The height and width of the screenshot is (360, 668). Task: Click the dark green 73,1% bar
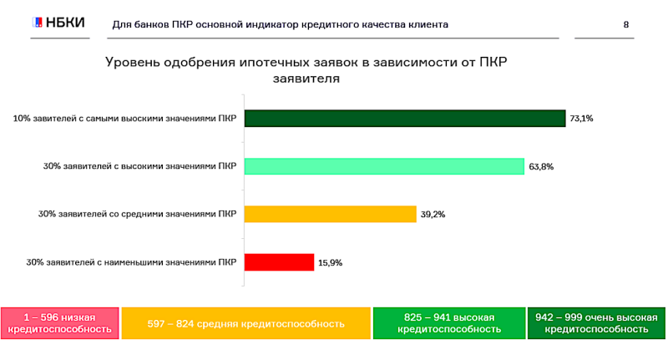click(x=405, y=119)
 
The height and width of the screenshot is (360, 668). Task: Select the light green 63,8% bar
click(x=384, y=166)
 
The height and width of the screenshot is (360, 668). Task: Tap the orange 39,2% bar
click(x=330, y=215)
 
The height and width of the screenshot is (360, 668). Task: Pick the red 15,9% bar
click(x=279, y=262)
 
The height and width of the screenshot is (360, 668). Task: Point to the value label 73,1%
click(x=581, y=119)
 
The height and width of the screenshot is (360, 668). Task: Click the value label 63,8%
click(x=541, y=166)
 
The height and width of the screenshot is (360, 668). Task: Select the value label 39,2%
click(x=433, y=215)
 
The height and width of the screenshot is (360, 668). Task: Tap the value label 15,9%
click(x=331, y=262)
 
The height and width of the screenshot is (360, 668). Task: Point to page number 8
click(x=626, y=24)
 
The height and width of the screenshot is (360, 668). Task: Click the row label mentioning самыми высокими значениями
click(x=124, y=119)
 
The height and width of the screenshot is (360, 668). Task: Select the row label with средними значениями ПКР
click(x=137, y=215)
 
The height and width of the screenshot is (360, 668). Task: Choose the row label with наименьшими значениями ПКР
click(x=131, y=262)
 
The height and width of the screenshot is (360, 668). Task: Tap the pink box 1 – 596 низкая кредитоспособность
click(x=59, y=323)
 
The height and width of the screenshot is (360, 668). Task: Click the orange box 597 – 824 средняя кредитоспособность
click(x=245, y=323)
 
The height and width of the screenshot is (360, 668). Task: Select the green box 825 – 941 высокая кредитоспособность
click(x=449, y=323)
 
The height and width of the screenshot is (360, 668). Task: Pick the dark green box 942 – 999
click(x=596, y=323)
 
